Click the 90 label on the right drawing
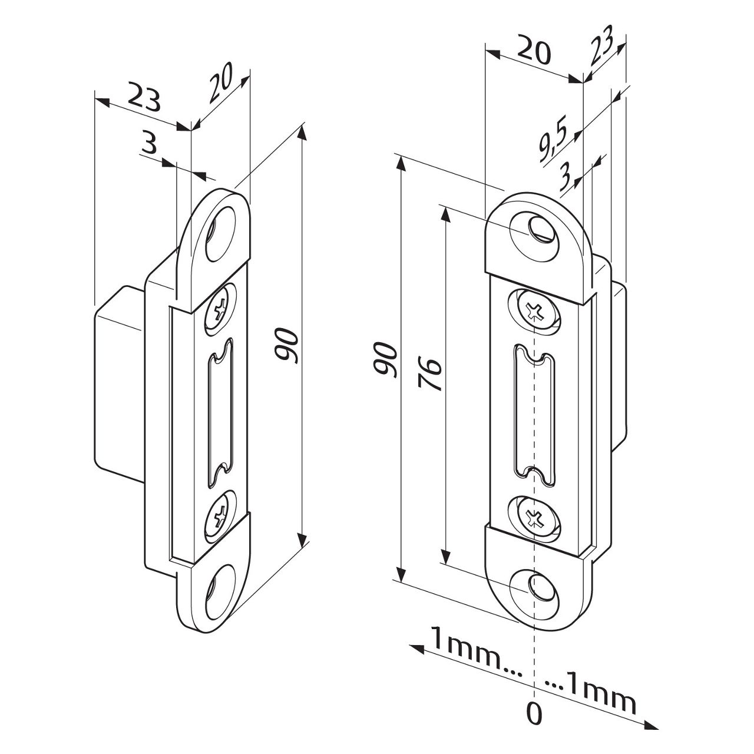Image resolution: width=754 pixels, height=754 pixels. (x=385, y=358)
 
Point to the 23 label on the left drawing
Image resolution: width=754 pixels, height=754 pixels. (x=144, y=98)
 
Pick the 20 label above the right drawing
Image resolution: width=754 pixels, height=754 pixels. (x=534, y=51)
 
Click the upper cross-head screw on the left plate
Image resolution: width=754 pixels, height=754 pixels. (x=220, y=307)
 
